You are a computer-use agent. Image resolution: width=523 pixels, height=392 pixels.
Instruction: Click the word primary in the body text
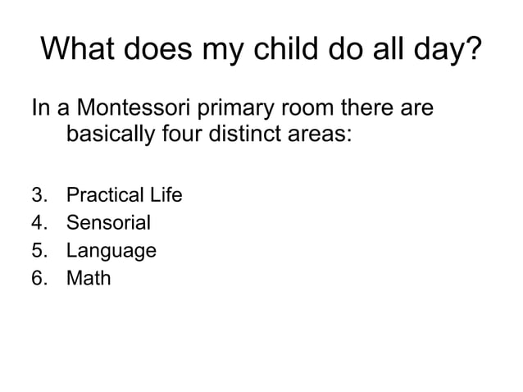click(232, 111)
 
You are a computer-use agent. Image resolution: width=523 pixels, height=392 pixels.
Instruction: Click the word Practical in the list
click(104, 196)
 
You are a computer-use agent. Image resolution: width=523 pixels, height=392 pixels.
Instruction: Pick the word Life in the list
click(165, 196)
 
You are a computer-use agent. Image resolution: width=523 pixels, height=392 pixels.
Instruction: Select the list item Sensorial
click(107, 223)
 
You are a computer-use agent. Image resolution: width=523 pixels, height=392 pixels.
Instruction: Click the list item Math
click(88, 278)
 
